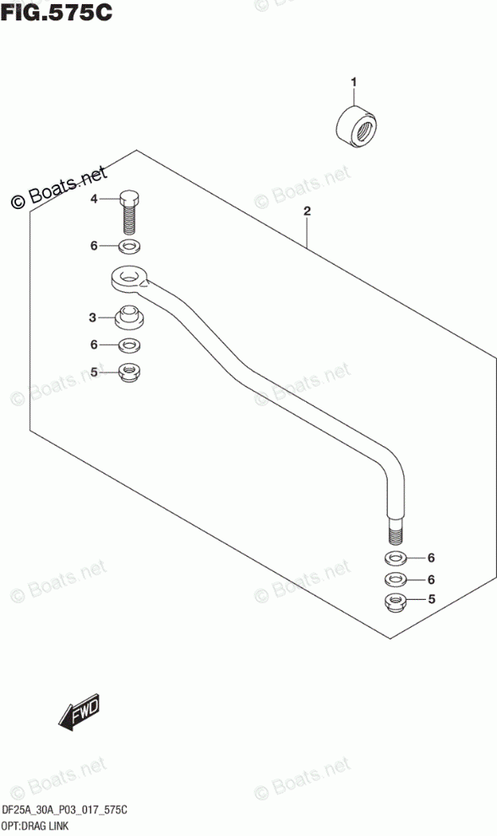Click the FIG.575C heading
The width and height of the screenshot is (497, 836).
click(x=56, y=11)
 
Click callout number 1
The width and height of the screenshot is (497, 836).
click(x=353, y=82)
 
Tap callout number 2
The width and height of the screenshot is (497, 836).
click(x=307, y=212)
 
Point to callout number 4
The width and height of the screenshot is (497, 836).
click(x=94, y=200)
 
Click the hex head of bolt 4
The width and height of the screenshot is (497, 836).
click(x=128, y=199)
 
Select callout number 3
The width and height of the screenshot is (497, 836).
click(x=93, y=318)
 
